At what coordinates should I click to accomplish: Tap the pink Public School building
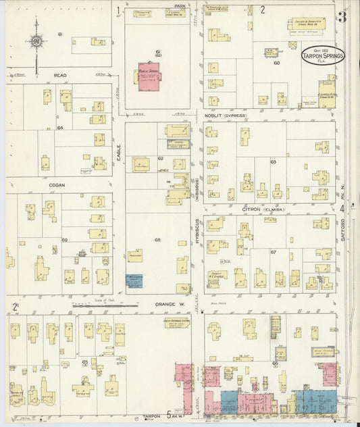tap(149, 78)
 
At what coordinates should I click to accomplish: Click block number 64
tap(59, 127)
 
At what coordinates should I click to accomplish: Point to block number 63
tap(274, 162)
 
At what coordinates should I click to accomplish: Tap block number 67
tap(274, 252)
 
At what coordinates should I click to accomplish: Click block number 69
tap(65, 241)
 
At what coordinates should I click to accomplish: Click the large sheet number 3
tap(342, 17)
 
